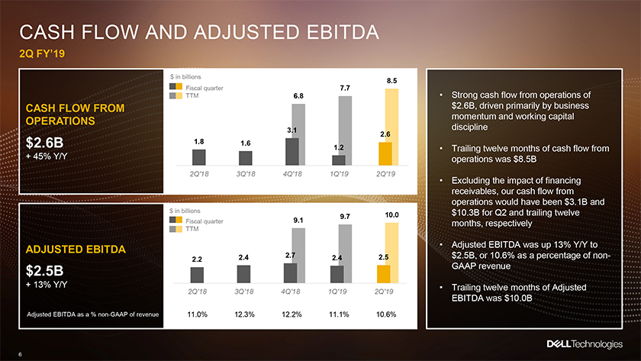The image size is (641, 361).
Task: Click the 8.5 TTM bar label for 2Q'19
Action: point(391,81)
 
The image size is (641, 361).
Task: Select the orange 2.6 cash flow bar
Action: point(385,153)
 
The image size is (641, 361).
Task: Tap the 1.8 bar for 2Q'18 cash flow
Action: point(199,157)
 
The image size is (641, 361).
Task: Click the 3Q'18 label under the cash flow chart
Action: point(246,174)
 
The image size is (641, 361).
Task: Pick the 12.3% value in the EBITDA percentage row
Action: point(244,314)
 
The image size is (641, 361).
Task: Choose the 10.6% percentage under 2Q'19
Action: point(386,314)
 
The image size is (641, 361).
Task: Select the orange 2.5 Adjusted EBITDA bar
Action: point(383,274)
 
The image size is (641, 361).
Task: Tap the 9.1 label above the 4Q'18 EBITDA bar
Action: point(298,221)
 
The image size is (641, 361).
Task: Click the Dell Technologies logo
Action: point(585,344)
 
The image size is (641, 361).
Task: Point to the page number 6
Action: point(20,354)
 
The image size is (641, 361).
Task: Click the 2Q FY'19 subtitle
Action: point(42,53)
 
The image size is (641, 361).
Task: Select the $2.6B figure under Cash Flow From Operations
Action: point(44,143)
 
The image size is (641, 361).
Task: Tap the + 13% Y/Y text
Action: point(47,285)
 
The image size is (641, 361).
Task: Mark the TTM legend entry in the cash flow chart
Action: point(185,95)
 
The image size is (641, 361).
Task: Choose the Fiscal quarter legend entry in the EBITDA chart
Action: point(197,221)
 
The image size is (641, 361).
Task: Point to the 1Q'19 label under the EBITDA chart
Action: point(337,292)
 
